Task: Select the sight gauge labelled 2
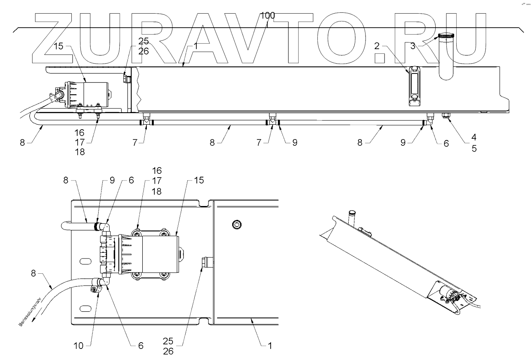point(414,86)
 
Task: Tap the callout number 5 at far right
point(474,149)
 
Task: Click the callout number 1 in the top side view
point(196,47)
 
